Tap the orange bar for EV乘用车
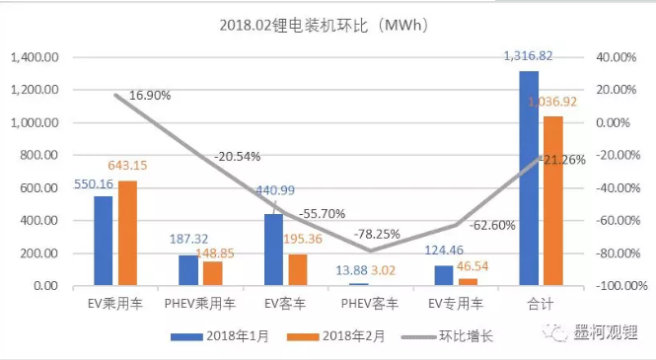(x=126, y=233)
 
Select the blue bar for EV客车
(x=273, y=251)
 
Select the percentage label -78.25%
(x=373, y=234)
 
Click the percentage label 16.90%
(x=149, y=96)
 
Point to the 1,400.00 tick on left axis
(x=35, y=57)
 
